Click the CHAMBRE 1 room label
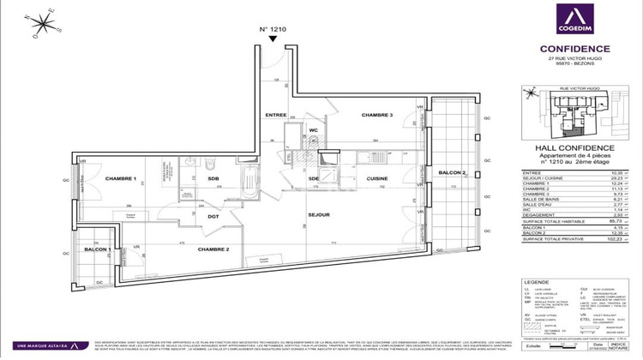coord(122,178)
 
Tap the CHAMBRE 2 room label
coord(212,249)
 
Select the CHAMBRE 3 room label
coord(376,115)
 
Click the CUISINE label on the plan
coord(378,179)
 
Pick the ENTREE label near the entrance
coord(275,115)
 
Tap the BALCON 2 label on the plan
coord(453,172)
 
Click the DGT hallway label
coord(213,217)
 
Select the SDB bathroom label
coord(213,179)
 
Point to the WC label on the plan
coord(314,130)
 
